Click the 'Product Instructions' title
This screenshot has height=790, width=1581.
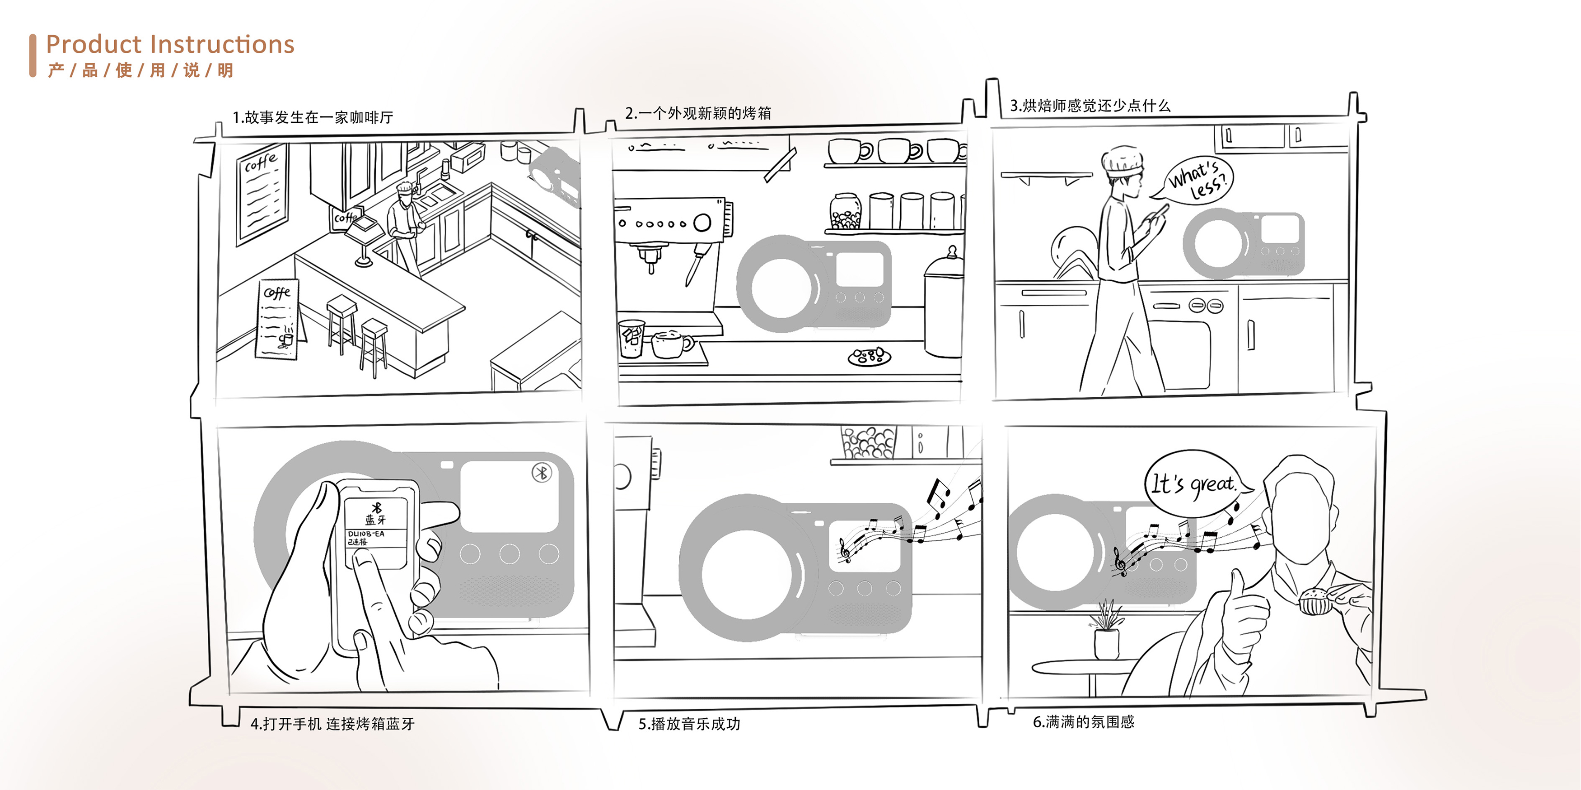point(170,45)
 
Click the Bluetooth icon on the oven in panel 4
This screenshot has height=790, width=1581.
point(541,473)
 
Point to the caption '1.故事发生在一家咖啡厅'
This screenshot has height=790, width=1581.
point(313,117)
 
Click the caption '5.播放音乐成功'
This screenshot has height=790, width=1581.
point(689,724)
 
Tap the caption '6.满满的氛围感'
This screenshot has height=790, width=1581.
point(1083,722)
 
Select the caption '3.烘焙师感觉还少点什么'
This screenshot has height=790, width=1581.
point(1090,106)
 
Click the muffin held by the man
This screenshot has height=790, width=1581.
point(1314,600)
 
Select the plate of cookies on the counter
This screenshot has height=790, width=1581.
point(869,356)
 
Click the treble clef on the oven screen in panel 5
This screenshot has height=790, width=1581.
point(845,549)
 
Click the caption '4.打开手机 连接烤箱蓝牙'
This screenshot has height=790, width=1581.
point(332,724)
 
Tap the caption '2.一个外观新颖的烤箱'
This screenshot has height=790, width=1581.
point(698,113)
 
